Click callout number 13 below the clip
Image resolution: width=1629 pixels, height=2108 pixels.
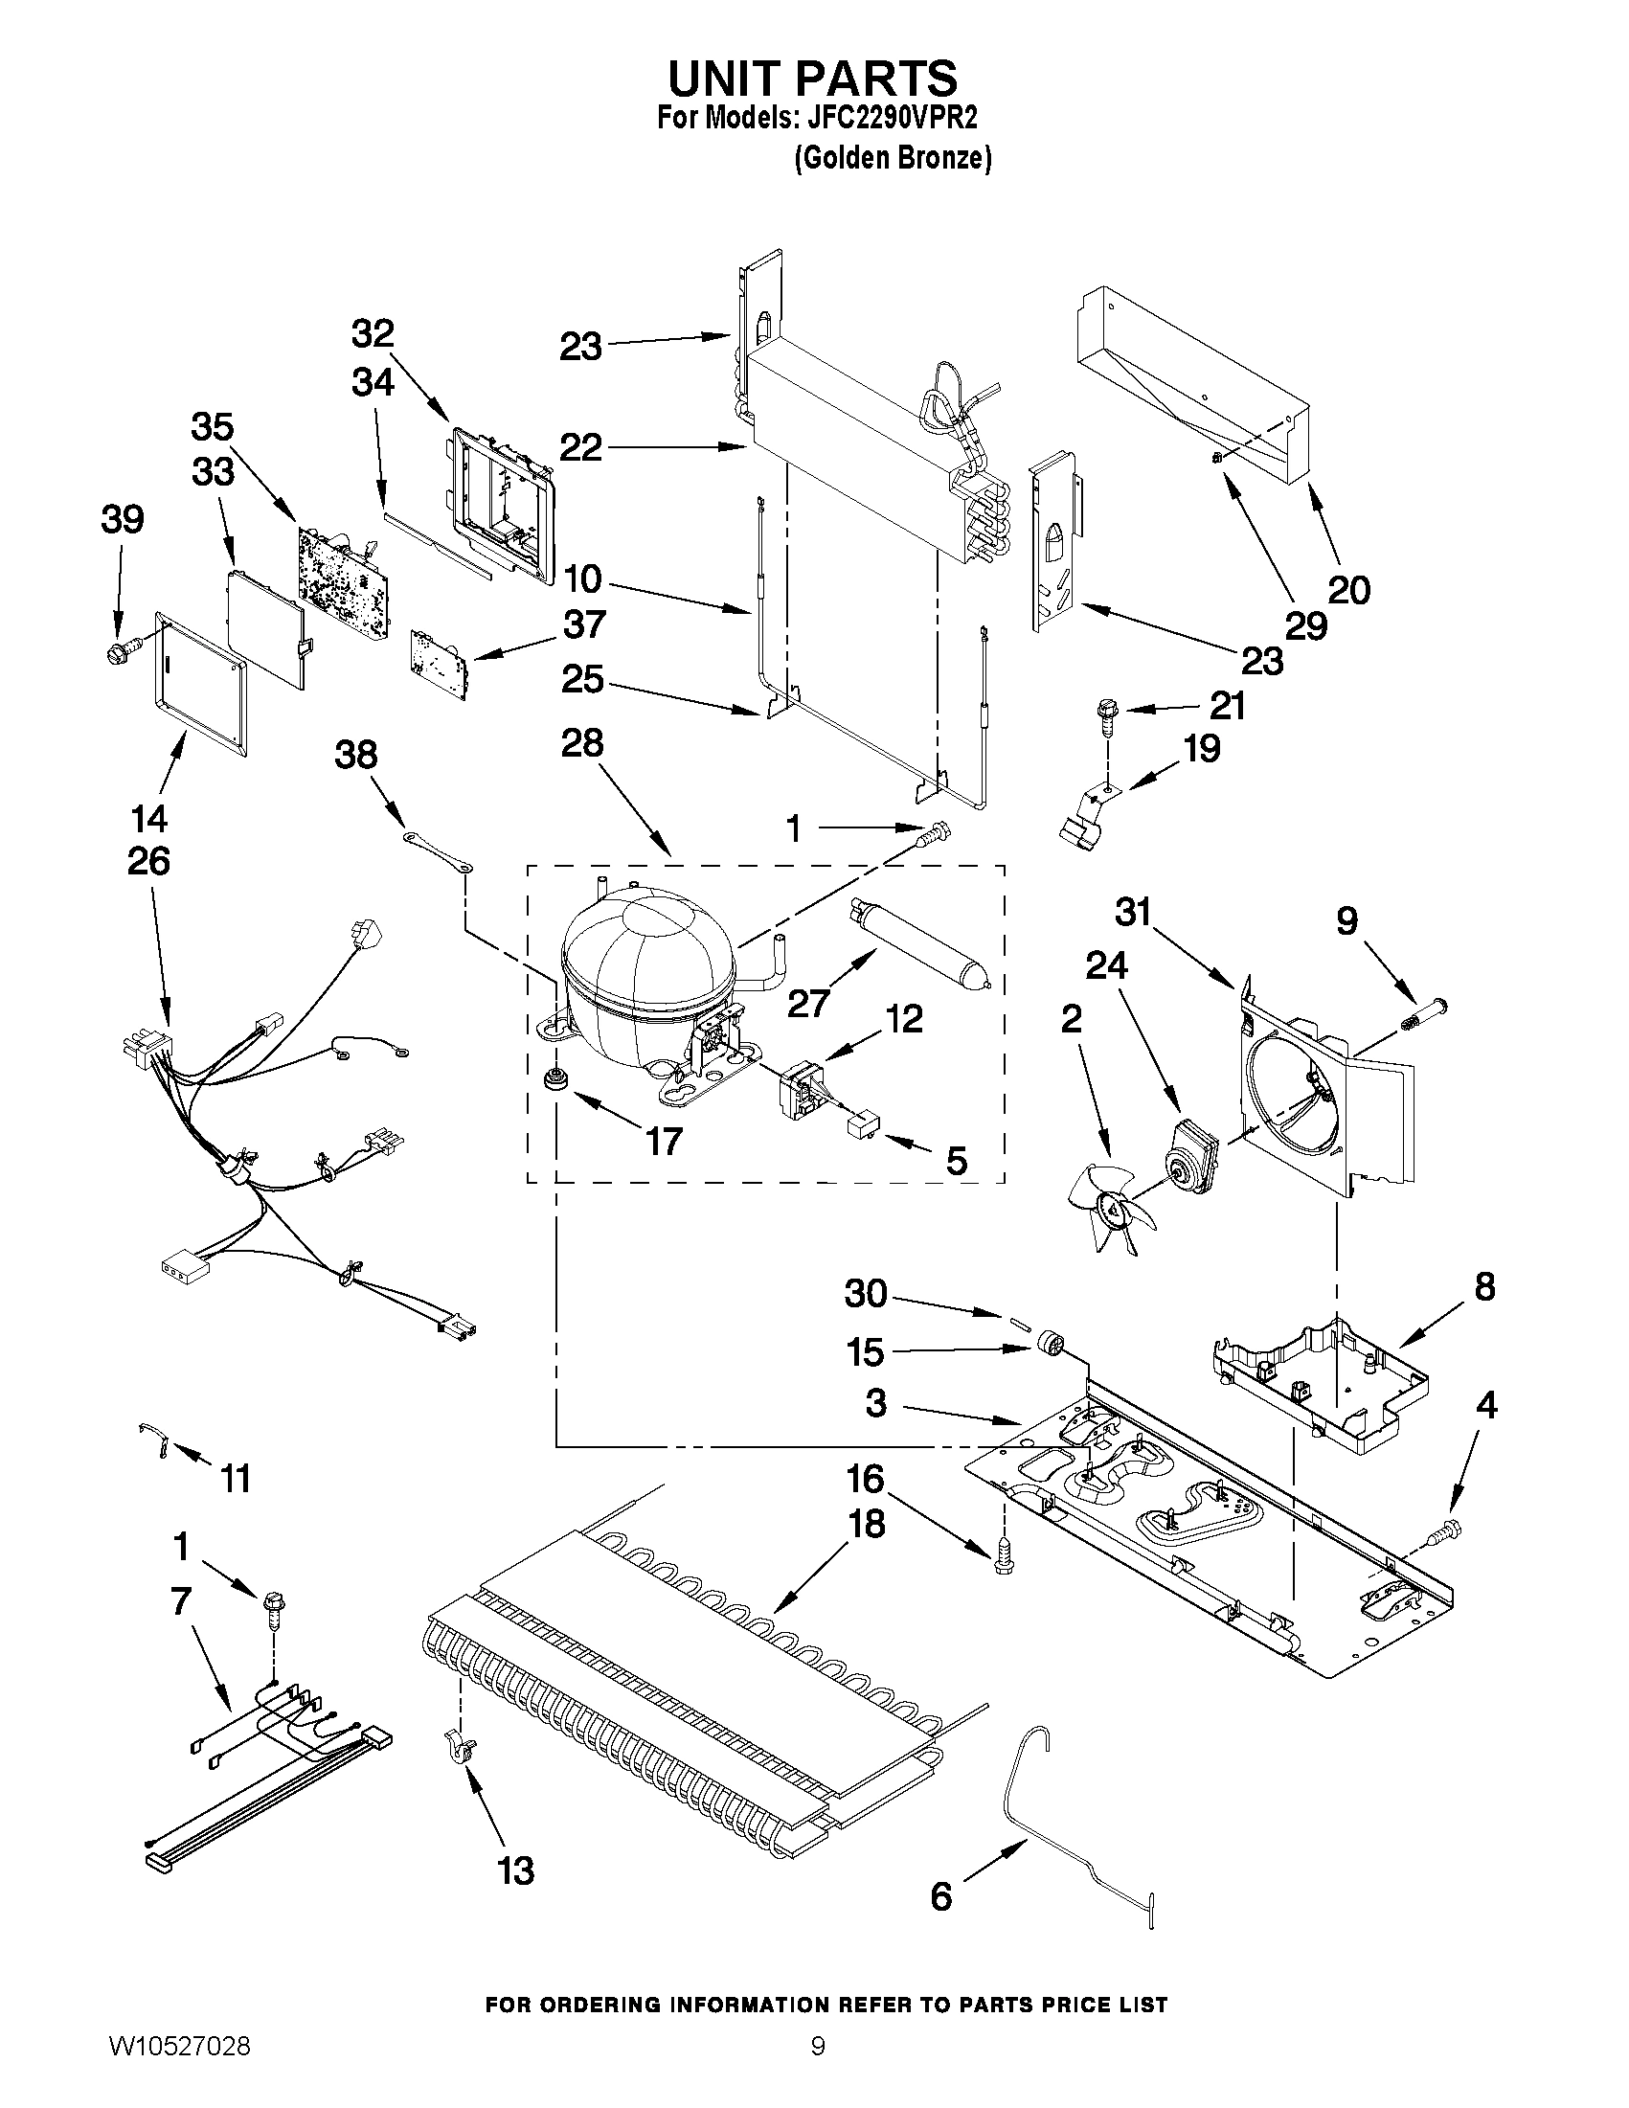pyautogui.click(x=516, y=1871)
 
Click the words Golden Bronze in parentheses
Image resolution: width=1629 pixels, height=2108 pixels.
pyautogui.click(x=893, y=158)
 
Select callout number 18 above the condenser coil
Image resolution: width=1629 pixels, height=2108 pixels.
pyautogui.click(x=866, y=1525)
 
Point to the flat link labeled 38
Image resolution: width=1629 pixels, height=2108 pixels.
pyautogui.click(x=436, y=851)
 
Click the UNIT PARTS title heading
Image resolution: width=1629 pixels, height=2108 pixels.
pyautogui.click(x=812, y=77)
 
